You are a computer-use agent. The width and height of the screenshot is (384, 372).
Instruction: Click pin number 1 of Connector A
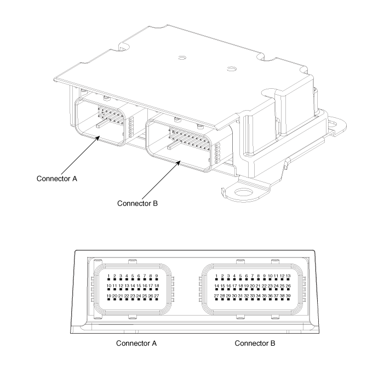pyautogui.click(x=108, y=279)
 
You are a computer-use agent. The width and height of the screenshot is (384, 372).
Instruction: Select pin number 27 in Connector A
pyautogui.click(x=157, y=299)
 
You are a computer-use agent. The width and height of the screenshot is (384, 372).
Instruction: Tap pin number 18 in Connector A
pyautogui.click(x=157, y=289)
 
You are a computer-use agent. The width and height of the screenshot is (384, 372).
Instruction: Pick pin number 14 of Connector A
pyautogui.click(x=133, y=289)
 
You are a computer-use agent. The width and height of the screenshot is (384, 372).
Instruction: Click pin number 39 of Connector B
pyautogui.click(x=288, y=299)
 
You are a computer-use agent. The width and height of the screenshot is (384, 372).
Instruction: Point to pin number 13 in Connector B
pyautogui.click(x=288, y=279)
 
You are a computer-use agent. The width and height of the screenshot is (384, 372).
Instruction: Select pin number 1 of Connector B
pyautogui.click(x=216, y=279)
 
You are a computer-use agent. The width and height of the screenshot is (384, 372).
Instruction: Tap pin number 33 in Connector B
pyautogui.click(x=252, y=299)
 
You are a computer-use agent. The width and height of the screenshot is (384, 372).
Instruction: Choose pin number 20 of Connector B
pyautogui.click(x=252, y=289)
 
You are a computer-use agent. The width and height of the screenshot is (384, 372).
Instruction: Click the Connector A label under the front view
pyautogui.click(x=136, y=343)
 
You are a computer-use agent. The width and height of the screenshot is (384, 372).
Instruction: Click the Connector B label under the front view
pyautogui.click(x=255, y=343)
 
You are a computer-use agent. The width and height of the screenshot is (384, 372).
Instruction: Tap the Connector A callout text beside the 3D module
pyautogui.click(x=57, y=179)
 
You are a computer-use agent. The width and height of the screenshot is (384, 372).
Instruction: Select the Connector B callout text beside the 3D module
pyautogui.click(x=137, y=203)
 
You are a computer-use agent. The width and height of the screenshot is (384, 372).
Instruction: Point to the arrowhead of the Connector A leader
pyautogui.click(x=99, y=138)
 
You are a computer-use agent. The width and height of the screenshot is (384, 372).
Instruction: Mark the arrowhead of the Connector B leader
pyautogui.click(x=179, y=162)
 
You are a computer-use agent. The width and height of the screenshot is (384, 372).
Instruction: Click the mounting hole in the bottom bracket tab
pyautogui.click(x=243, y=191)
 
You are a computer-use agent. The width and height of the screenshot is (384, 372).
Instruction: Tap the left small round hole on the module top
pyautogui.click(x=182, y=58)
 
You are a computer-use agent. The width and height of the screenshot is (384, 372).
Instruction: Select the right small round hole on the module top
pyautogui.click(x=231, y=68)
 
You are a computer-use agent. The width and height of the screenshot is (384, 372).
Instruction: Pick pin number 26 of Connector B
pyautogui.click(x=288, y=289)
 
